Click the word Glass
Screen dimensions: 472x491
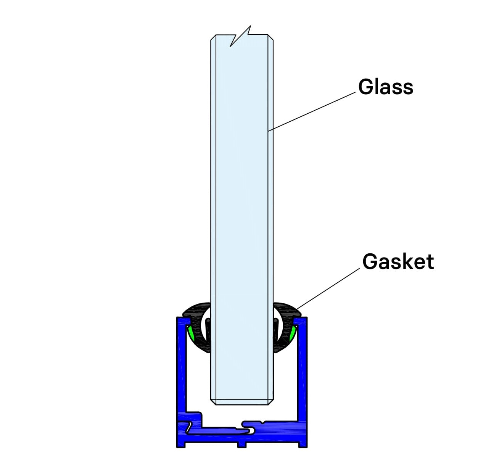[385, 87]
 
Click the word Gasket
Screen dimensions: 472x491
[398, 262]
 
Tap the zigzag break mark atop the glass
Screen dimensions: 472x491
[240, 36]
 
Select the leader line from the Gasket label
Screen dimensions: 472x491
[328, 288]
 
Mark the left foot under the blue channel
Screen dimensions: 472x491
[181, 445]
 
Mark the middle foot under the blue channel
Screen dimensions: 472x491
[242, 445]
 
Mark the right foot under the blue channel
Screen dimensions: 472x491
[303, 445]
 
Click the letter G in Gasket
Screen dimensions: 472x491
[370, 262]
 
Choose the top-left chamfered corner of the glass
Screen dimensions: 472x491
[213, 38]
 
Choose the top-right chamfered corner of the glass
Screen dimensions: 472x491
[271, 38]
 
